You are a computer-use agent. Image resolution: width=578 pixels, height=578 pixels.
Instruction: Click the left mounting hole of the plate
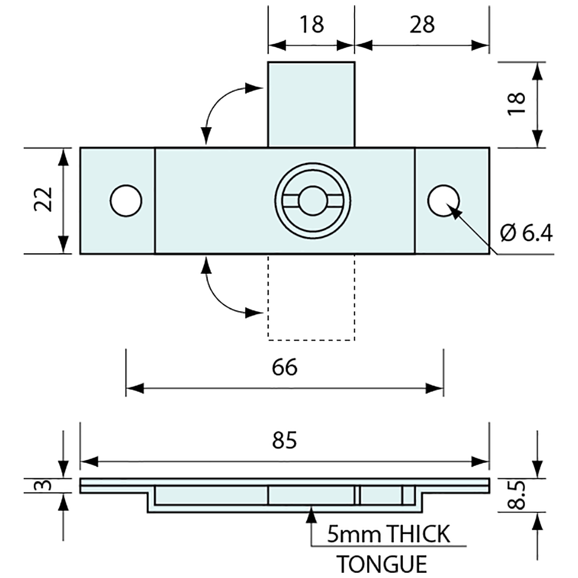[126, 201]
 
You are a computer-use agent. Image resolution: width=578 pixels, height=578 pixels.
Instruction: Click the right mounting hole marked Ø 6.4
[443, 201]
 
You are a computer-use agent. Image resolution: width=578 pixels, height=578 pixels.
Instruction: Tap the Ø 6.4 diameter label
[526, 233]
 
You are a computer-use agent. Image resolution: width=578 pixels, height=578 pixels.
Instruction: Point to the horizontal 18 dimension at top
[311, 24]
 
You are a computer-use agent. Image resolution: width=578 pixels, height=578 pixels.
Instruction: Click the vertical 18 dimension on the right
[518, 104]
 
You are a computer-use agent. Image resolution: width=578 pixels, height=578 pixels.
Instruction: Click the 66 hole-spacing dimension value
[285, 367]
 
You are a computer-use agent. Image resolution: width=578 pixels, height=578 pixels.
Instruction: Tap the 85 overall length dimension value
[285, 440]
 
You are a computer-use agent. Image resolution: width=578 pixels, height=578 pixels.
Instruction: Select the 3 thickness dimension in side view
[46, 486]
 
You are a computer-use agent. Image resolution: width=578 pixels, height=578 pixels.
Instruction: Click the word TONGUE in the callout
[381, 564]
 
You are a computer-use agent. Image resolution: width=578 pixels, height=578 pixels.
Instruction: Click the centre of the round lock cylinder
[311, 201]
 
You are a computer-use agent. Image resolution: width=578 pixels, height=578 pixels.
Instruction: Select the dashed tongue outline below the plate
[311, 297]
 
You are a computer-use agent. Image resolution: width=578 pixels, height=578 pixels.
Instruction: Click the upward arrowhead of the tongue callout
[311, 515]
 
